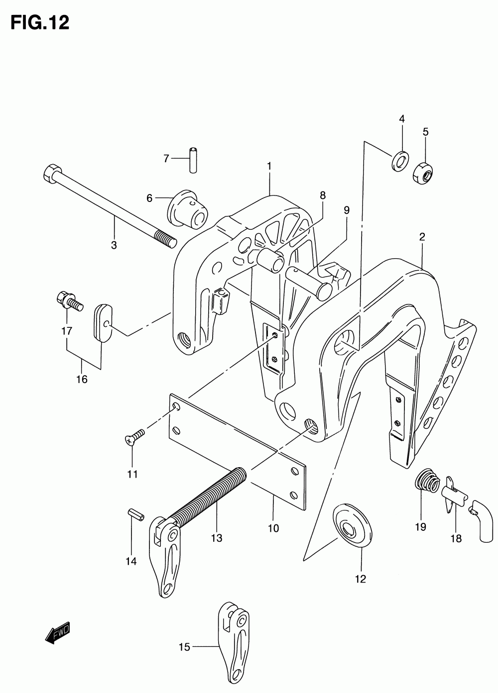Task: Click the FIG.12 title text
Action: click(40, 22)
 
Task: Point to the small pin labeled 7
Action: click(193, 159)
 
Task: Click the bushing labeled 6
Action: click(188, 209)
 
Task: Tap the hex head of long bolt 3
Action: click(52, 174)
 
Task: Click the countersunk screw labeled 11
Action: click(134, 436)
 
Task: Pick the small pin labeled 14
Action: click(136, 513)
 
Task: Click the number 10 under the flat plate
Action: click(273, 528)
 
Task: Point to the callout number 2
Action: click(422, 237)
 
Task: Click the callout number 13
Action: click(216, 538)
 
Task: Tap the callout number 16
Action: click(81, 380)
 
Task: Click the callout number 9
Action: click(347, 210)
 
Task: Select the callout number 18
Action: click(456, 538)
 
